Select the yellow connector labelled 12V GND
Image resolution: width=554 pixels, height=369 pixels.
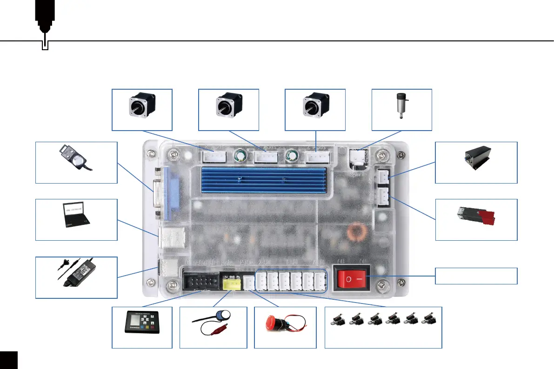[231, 283]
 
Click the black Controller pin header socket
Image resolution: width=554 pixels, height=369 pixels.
[201, 282]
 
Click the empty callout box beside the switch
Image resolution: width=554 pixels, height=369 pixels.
[476, 276]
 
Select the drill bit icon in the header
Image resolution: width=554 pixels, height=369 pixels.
[45, 23]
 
